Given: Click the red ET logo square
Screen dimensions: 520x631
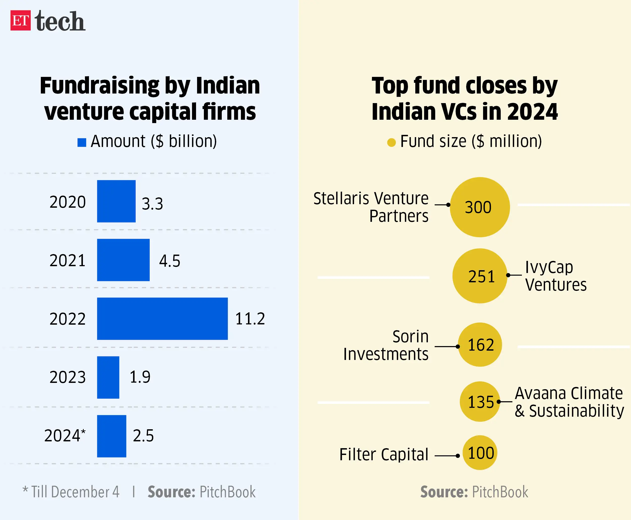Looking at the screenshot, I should [20, 20].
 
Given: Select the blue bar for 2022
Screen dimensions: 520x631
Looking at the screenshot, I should [162, 318].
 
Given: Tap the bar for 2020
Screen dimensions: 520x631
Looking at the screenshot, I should [116, 201].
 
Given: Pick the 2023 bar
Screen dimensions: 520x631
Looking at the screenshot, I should [108, 377].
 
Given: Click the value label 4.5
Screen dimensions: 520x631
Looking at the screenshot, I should [170, 261].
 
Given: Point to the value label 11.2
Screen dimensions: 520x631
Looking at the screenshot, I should [250, 318].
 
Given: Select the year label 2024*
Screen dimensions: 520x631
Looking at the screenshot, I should [65, 435].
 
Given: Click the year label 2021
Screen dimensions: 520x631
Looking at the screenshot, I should [67, 260].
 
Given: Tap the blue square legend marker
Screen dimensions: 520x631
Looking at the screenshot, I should [82, 142].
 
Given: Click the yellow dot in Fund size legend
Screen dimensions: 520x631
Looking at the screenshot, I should [391, 142].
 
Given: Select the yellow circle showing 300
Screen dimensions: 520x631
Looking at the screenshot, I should [480, 207].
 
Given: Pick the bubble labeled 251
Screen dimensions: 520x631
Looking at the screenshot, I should [480, 276].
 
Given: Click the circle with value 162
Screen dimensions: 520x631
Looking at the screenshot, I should [480, 345].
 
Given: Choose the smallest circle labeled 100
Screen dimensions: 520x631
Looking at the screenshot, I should [480, 453].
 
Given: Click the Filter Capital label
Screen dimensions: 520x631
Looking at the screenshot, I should [384, 454].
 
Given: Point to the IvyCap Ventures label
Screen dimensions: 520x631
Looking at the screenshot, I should [556, 276].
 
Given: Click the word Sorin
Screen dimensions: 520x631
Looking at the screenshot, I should [410, 337].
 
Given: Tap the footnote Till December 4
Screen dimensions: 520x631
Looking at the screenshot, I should [75, 492].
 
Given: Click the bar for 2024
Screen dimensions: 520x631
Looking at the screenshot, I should [111, 436].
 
